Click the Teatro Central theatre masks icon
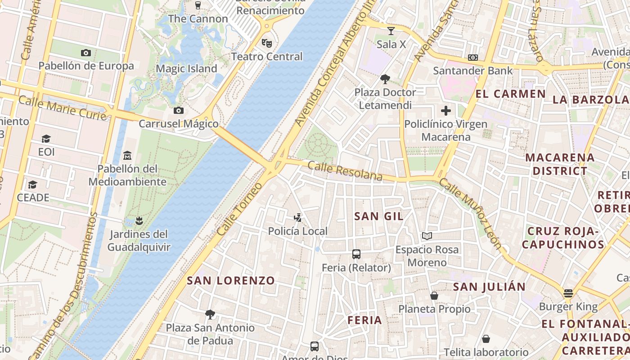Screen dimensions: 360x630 point(267,43)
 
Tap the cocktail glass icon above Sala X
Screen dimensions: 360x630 point(391,31)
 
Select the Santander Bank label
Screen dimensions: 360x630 point(472,71)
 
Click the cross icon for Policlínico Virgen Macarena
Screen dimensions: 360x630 point(445,111)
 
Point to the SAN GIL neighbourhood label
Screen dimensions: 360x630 point(379,216)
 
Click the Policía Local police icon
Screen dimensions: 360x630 point(297,218)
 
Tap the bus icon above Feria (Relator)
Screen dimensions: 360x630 point(356,254)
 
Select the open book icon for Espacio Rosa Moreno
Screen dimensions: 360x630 point(427,236)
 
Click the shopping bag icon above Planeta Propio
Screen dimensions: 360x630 point(434,296)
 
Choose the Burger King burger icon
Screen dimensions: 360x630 point(568,293)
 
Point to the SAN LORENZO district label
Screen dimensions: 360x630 point(230,281)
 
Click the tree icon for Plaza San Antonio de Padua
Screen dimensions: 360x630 point(210,314)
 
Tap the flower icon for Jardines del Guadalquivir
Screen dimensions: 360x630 point(139,221)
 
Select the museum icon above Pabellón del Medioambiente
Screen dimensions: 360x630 point(127,155)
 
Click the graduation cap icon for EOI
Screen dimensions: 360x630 point(46,139)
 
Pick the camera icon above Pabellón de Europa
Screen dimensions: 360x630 point(86,53)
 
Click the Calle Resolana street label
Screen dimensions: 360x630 point(345,171)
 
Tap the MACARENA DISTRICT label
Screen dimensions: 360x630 point(560,164)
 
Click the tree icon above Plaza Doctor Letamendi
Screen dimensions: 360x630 point(385,79)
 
